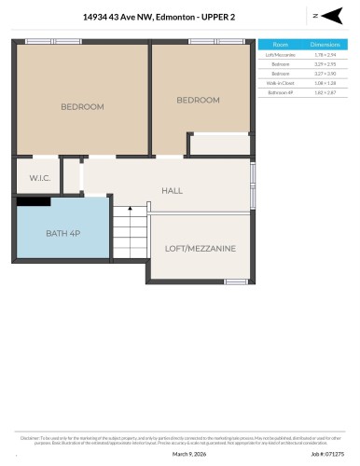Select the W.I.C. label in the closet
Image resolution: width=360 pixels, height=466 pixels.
[x=38, y=177]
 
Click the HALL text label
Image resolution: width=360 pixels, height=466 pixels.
[x=172, y=191]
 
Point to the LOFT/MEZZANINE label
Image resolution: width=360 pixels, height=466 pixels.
[x=200, y=249]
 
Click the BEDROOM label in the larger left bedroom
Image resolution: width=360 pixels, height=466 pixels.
[x=82, y=107]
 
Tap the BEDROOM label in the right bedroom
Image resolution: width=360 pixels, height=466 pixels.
[x=198, y=101]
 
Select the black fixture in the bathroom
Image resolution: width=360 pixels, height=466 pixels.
[x=33, y=200]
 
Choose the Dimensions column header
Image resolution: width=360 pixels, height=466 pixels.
[x=323, y=44]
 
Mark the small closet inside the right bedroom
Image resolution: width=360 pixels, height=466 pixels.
[x=219, y=145]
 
